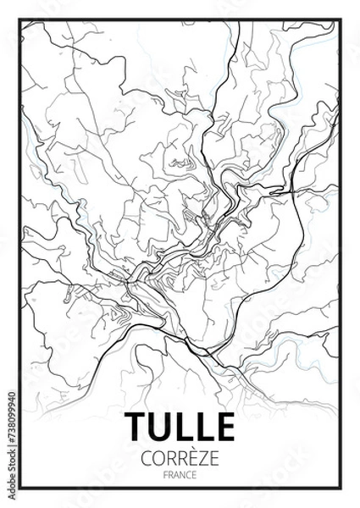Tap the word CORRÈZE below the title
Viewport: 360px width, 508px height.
(x=180, y=455)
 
